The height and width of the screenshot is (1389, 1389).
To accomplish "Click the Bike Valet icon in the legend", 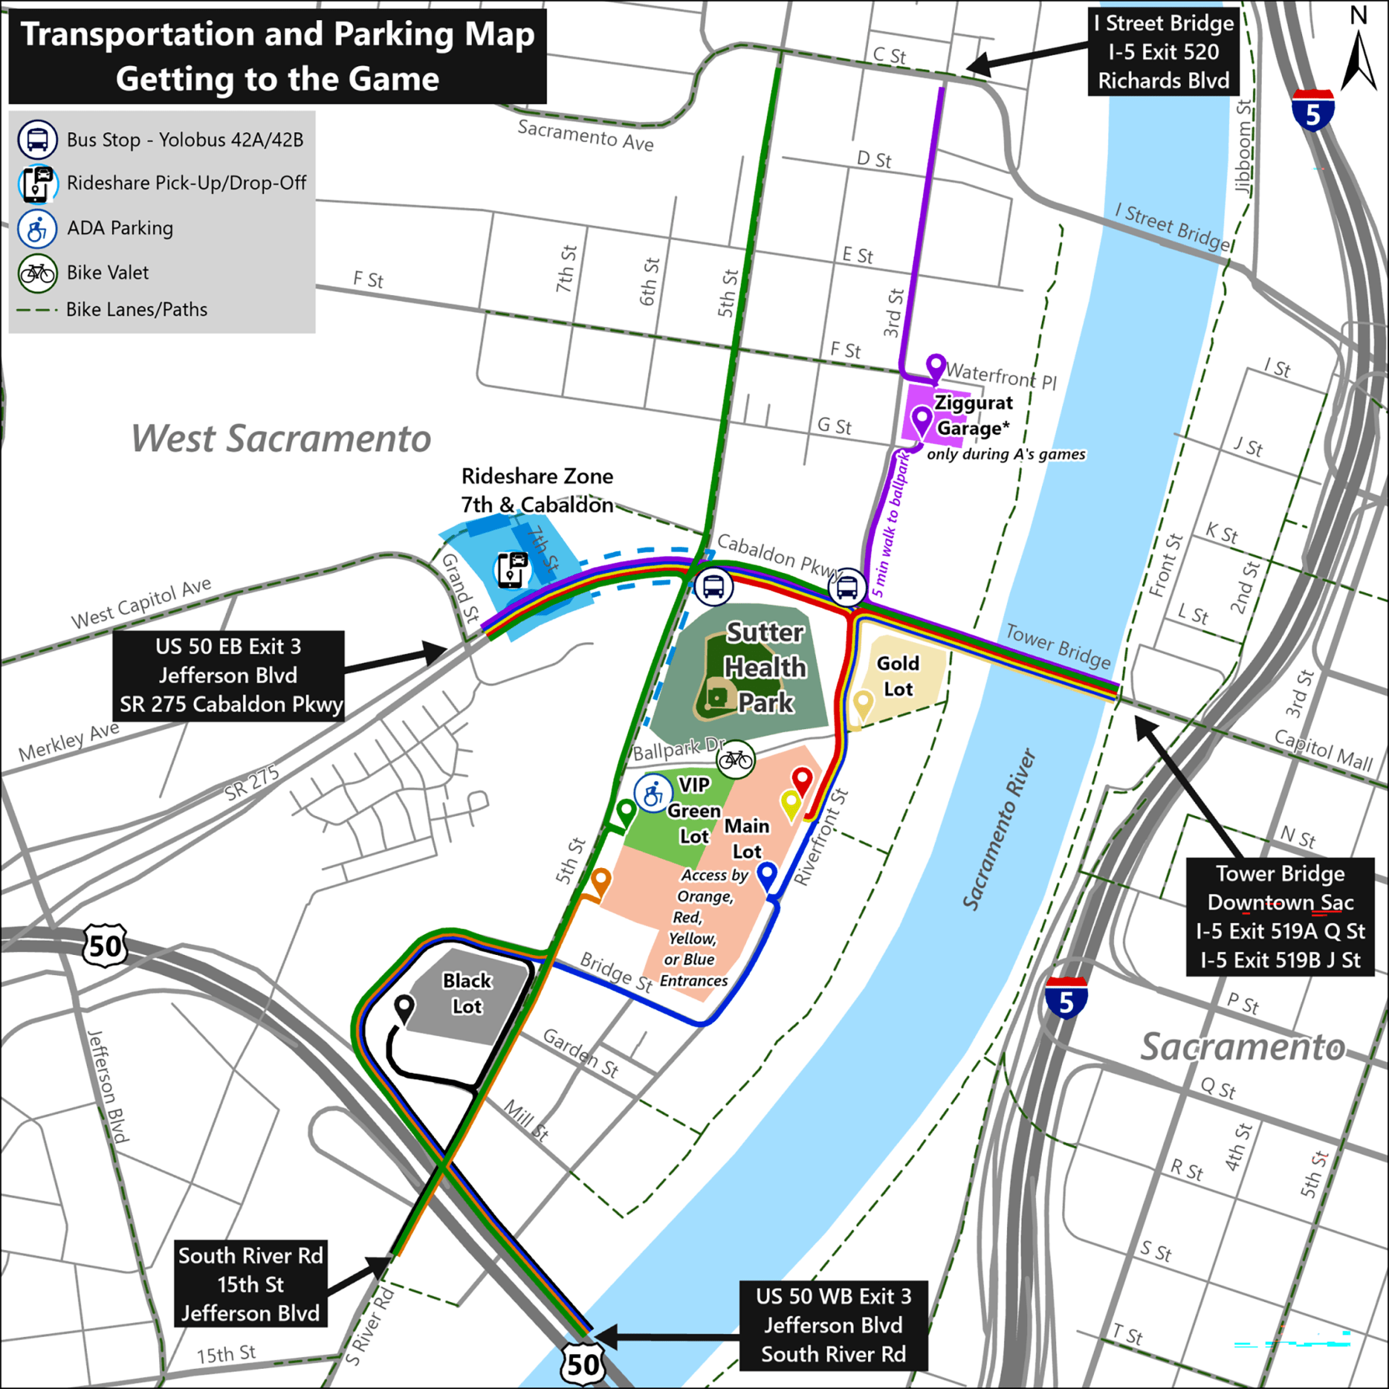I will tap(37, 273).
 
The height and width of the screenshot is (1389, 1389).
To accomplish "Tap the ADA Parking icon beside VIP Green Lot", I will tap(653, 794).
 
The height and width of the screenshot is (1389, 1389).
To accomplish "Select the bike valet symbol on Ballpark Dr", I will tap(735, 759).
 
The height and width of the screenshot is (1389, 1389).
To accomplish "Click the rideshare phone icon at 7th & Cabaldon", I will tap(512, 569).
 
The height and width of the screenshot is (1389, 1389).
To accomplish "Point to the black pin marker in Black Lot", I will tap(404, 1007).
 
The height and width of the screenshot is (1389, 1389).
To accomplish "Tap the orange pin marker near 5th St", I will tap(601, 879).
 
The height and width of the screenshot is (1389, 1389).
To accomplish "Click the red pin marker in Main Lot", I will tap(802, 779).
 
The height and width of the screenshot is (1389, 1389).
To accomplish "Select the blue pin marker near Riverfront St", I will tap(767, 874).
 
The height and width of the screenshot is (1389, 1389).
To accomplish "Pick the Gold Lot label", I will tap(898, 676).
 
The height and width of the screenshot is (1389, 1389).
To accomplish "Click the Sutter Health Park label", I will tap(765, 667).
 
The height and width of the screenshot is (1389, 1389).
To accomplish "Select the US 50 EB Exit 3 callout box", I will tap(228, 675).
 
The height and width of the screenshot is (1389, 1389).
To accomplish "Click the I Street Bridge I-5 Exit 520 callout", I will tap(1163, 52).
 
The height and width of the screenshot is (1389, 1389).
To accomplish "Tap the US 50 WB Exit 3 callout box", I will tap(834, 1325).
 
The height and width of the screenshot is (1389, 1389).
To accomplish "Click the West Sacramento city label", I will tap(281, 438).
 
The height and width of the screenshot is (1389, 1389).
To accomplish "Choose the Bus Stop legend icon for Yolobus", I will tap(37, 140).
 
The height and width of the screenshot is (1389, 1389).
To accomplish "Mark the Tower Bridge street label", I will tap(1057, 645).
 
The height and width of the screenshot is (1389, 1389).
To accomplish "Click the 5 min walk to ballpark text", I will tap(891, 525).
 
